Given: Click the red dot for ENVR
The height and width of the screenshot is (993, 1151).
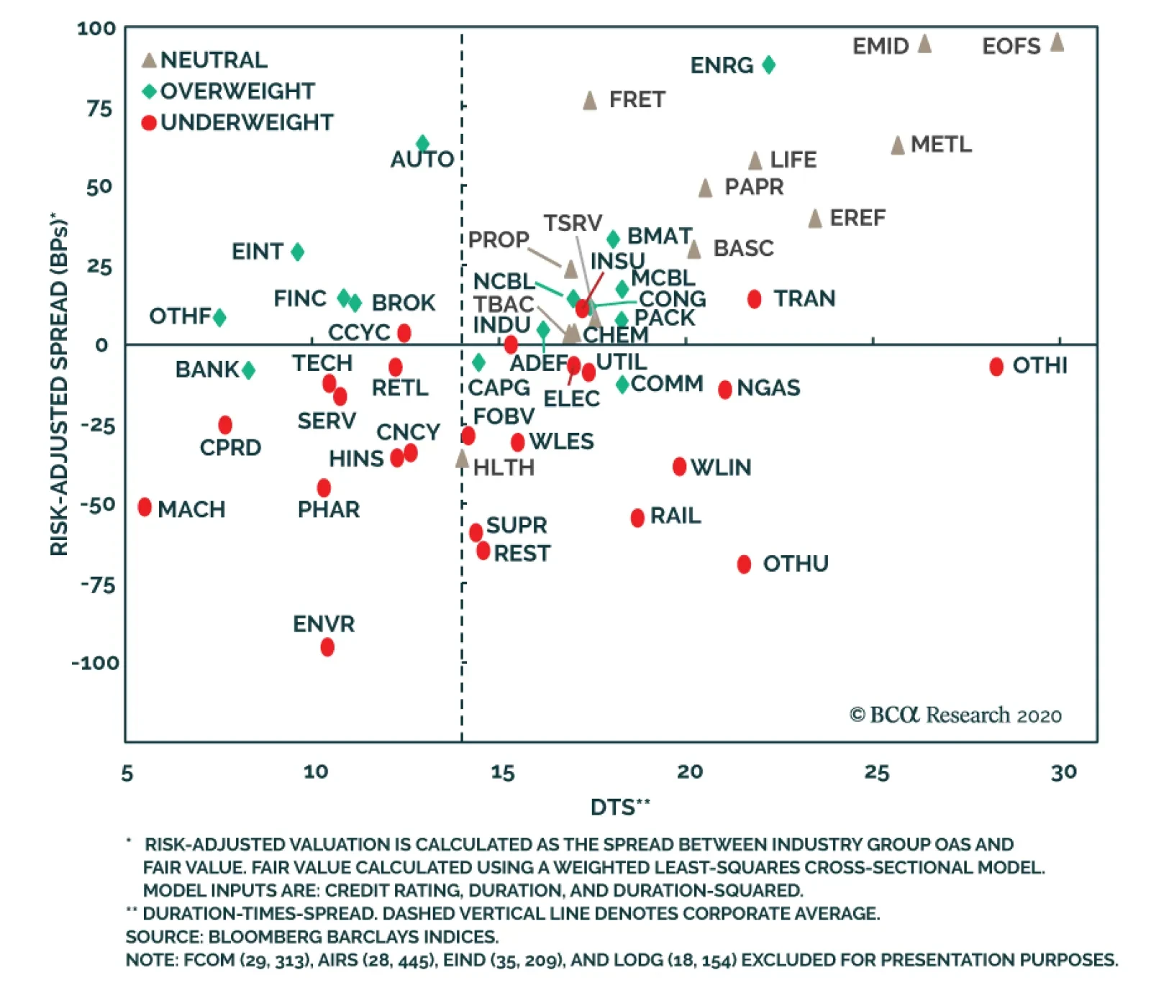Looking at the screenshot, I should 327,647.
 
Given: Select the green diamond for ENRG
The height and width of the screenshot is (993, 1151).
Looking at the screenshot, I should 768,65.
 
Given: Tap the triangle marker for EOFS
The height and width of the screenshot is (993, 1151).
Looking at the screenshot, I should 1057,42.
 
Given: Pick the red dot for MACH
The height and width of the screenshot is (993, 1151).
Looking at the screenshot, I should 145,507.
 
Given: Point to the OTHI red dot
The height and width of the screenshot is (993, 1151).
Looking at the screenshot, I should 996,367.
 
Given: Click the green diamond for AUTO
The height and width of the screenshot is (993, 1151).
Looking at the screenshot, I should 423,144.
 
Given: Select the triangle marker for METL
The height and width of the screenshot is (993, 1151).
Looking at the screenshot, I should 898,145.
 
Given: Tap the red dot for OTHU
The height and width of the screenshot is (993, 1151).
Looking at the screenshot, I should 745,564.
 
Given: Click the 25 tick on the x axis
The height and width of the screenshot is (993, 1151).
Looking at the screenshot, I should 877,772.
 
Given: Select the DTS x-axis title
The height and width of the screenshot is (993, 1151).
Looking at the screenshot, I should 619,807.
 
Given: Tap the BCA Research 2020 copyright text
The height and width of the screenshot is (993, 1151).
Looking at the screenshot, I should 955,715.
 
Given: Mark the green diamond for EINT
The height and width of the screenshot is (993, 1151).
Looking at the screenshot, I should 298,252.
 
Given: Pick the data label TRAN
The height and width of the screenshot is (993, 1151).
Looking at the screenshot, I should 804,298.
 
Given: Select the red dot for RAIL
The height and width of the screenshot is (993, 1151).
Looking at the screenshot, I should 637,518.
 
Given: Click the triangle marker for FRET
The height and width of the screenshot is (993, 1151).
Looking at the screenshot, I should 590,101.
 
